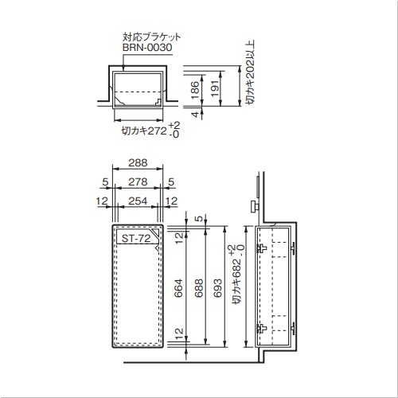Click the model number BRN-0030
[x=147, y=48]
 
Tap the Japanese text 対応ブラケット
[x=151, y=37]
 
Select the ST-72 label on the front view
[x=136, y=239]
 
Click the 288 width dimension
[x=138, y=162]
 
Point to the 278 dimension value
[x=138, y=181]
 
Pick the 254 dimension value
[x=138, y=201]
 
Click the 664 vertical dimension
[x=178, y=288]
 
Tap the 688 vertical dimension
[x=198, y=288]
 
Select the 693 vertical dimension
[x=217, y=288]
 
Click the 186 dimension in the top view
[x=195, y=90]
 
